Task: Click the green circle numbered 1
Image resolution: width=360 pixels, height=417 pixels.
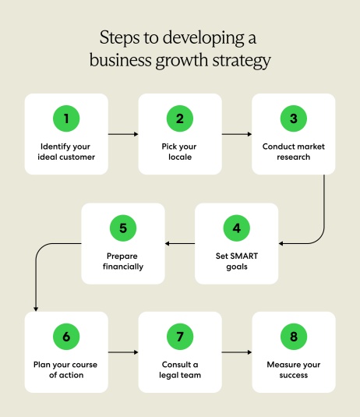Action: [66, 119]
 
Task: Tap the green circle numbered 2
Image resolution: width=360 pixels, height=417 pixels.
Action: [180, 119]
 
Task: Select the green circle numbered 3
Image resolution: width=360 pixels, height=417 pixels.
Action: [294, 119]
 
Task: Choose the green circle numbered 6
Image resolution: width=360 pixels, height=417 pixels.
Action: [66, 337]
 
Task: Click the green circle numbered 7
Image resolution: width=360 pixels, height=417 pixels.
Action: [180, 337]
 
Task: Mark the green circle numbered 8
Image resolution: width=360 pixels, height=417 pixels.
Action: [294, 337]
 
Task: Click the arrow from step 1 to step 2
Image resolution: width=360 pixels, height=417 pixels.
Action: [123, 134]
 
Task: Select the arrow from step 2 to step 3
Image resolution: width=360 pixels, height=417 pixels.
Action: [237, 134]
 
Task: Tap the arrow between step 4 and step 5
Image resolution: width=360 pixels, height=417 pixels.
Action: [180, 244]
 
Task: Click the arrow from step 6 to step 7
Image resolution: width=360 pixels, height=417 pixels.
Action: [123, 352]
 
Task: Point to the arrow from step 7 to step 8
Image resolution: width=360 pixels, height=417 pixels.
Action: [237, 352]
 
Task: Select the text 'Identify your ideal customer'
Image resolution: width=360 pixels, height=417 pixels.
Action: [66, 151]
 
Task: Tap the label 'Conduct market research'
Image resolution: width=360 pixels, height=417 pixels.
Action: [294, 151]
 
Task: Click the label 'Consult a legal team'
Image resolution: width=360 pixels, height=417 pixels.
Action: [180, 369]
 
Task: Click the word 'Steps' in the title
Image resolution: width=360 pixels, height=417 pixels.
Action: [121, 37]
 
